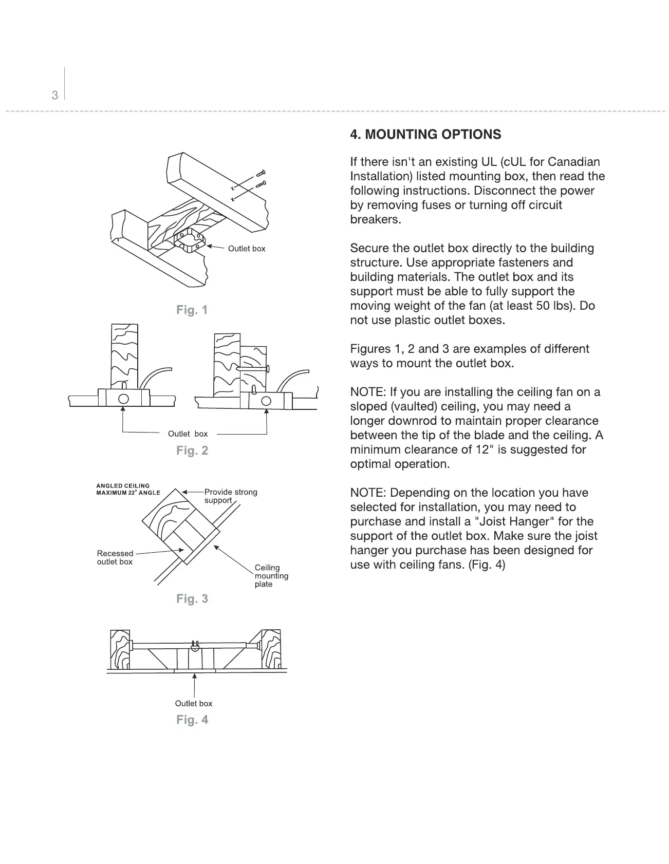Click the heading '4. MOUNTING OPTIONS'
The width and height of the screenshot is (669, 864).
click(x=425, y=135)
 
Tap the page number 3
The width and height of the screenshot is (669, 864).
click(x=55, y=95)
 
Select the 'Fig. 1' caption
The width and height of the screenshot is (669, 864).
click(x=192, y=310)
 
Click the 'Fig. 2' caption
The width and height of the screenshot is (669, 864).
click(x=192, y=450)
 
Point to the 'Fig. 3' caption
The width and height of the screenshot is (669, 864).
click(x=192, y=598)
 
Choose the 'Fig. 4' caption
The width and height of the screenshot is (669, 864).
click(x=192, y=720)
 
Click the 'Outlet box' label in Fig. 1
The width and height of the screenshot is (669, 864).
click(x=247, y=249)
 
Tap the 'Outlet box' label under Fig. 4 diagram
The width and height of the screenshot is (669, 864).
click(x=193, y=704)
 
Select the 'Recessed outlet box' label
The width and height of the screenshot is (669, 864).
click(x=115, y=557)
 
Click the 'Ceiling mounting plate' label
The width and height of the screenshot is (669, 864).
click(x=271, y=576)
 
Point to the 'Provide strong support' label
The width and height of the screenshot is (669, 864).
click(x=230, y=496)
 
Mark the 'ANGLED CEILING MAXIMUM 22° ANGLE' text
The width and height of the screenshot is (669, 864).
click(x=128, y=489)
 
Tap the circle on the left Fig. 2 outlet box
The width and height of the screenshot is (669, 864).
click(x=123, y=399)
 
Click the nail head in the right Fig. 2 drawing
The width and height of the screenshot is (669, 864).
click(x=268, y=368)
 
